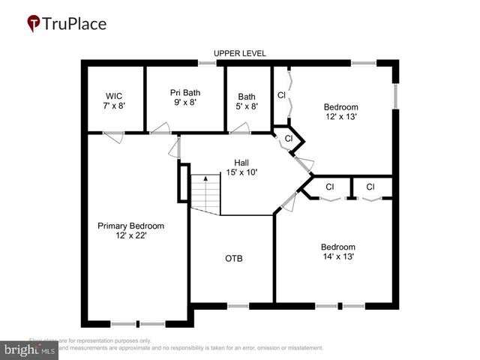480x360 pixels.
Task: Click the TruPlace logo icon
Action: click(x=34, y=24)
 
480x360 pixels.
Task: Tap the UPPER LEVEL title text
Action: click(x=239, y=53)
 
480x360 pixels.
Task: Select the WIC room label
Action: click(x=114, y=100)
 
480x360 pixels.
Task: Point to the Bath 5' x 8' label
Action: click(x=247, y=101)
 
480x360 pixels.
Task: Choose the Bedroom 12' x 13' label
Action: click(x=340, y=111)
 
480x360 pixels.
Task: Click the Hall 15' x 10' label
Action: click(x=241, y=167)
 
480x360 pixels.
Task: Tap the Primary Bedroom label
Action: click(x=130, y=230)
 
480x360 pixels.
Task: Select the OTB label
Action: click(x=234, y=259)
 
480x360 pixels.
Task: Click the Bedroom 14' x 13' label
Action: click(x=337, y=251)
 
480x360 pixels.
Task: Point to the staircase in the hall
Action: click(x=205, y=193)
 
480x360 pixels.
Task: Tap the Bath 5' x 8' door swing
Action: click(x=239, y=130)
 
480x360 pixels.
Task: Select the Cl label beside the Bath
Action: click(x=281, y=95)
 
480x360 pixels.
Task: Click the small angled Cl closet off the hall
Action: click(x=289, y=139)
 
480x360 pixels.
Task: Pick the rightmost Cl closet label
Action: click(x=370, y=187)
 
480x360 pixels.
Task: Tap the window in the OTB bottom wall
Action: click(x=238, y=306)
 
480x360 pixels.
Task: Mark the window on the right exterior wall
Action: click(x=395, y=97)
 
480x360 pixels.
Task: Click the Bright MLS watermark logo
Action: click(x=31, y=349)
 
